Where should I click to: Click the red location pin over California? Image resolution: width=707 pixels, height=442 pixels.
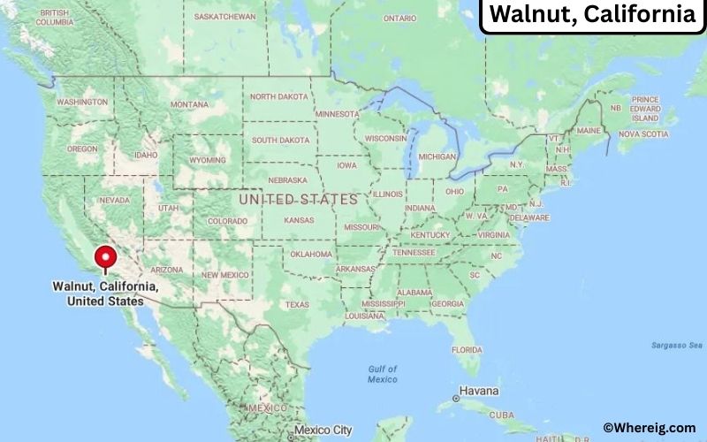[106, 257]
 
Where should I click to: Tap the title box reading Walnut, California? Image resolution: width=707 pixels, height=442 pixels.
[591, 15]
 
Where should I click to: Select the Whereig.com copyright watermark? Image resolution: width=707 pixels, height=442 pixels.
[650, 428]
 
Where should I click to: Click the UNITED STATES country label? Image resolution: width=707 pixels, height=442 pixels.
[298, 200]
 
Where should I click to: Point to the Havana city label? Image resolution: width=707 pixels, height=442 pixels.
[478, 390]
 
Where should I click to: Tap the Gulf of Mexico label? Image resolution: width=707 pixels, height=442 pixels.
[383, 374]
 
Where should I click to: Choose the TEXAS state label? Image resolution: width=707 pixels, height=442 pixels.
[297, 305]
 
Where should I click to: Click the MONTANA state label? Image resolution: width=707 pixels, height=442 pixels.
[189, 104]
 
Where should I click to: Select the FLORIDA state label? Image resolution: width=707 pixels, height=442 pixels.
[467, 349]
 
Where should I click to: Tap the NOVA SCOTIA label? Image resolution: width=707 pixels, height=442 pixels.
[642, 134]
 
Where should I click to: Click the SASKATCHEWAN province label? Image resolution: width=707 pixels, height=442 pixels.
[225, 17]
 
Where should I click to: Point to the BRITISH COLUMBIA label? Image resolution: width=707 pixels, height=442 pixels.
[55, 17]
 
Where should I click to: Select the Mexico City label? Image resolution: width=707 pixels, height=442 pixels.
[323, 431]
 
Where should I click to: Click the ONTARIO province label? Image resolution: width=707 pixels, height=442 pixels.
[399, 18]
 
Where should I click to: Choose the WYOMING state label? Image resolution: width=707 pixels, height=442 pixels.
[208, 160]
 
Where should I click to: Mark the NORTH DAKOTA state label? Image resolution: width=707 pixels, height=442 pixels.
[280, 96]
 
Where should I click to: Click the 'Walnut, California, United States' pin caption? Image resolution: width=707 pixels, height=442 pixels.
[105, 294]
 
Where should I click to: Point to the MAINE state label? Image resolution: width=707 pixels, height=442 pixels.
[589, 131]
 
